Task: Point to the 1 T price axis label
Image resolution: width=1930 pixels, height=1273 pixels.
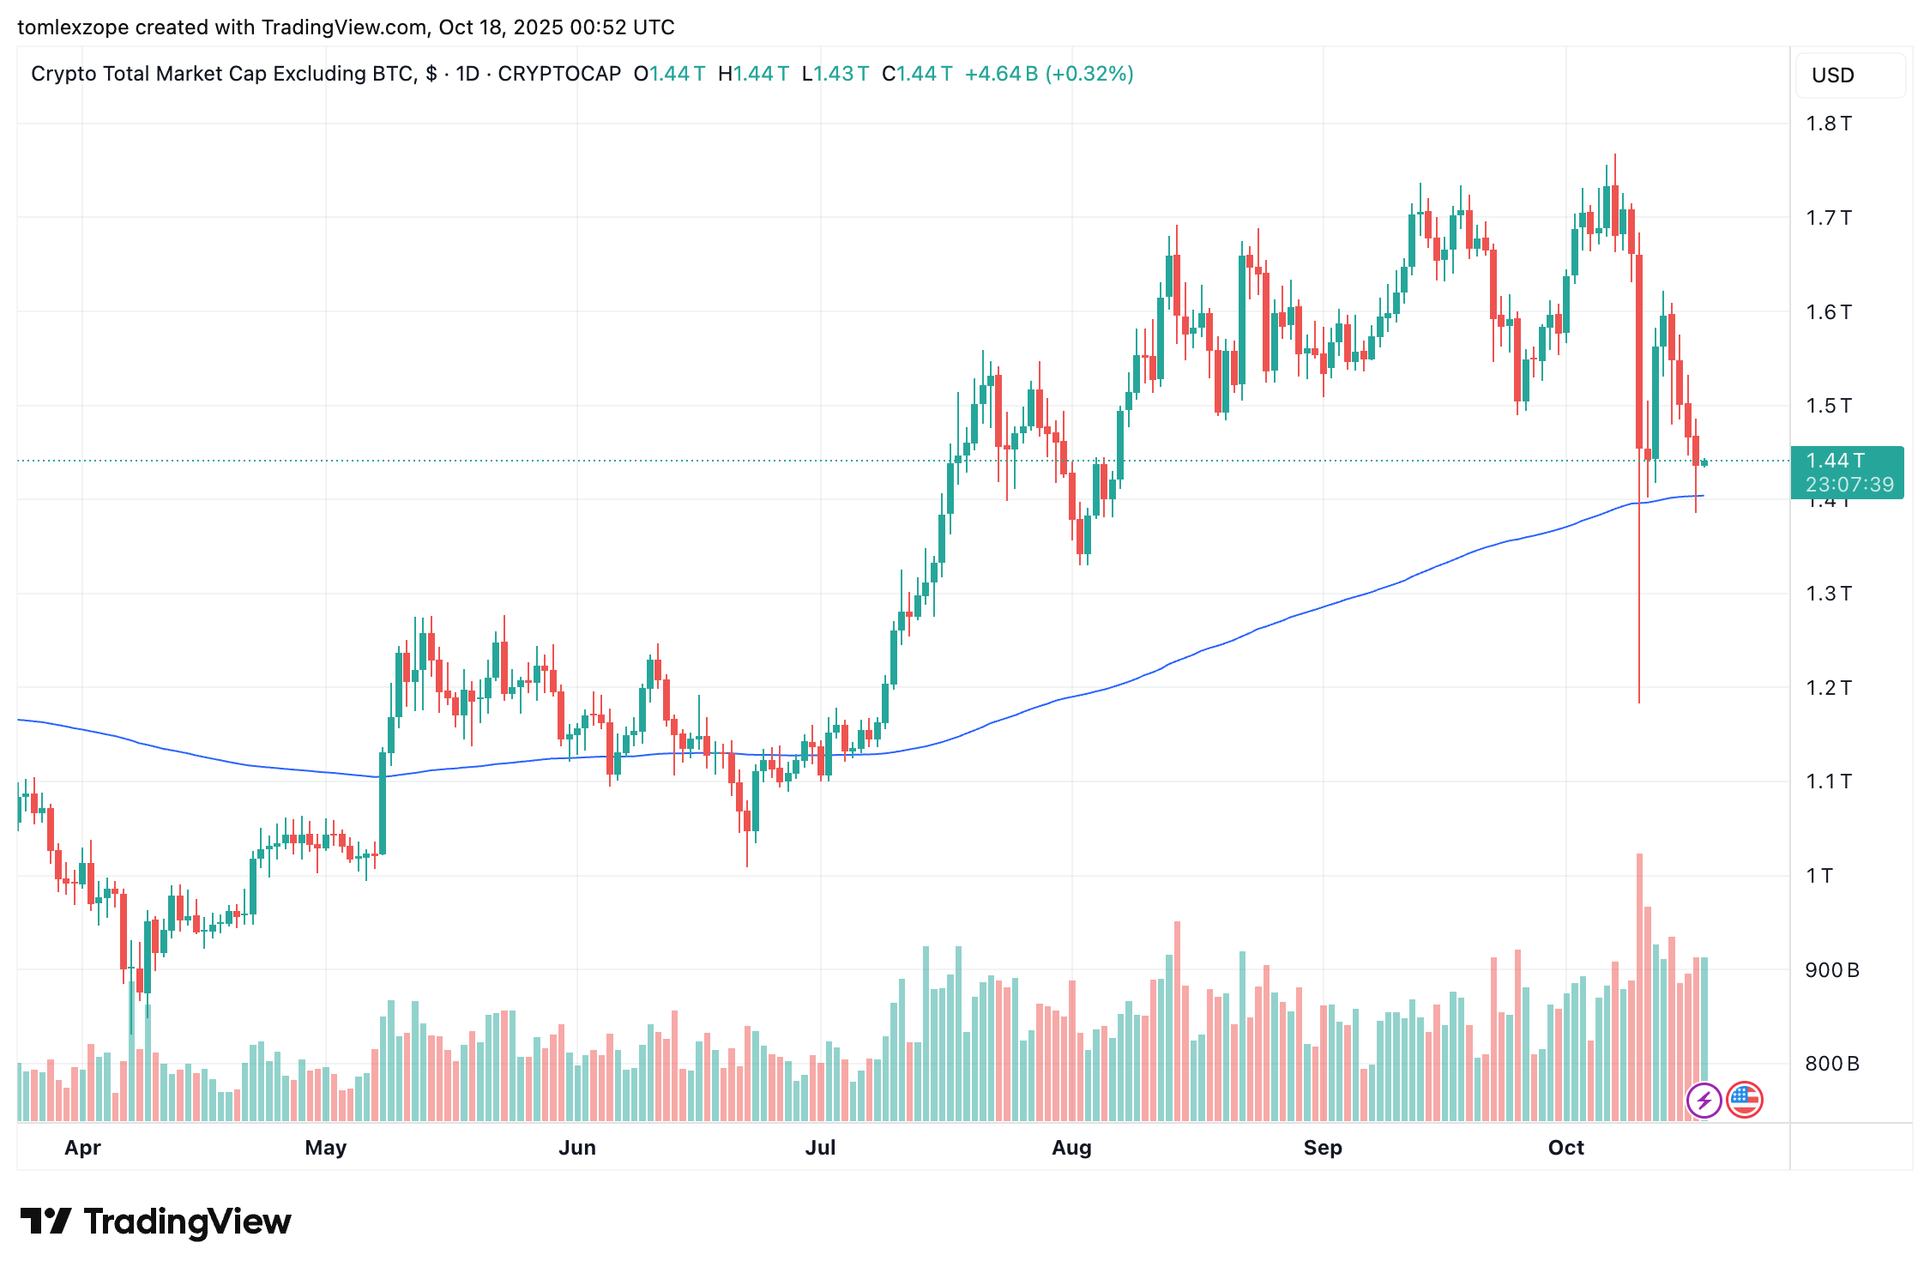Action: click(1819, 876)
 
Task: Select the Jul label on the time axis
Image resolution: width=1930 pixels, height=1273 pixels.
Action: click(820, 1148)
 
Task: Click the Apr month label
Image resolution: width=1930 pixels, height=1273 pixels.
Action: click(82, 1148)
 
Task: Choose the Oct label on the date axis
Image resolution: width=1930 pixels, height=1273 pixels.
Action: click(1565, 1148)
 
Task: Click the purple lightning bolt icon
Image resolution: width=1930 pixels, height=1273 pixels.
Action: click(1704, 1100)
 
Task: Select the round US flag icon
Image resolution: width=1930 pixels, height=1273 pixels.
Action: click(1744, 1100)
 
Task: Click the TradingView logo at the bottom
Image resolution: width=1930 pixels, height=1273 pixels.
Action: click(156, 1222)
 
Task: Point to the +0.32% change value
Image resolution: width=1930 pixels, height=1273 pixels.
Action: click(1091, 74)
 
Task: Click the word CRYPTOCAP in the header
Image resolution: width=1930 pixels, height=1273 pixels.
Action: click(559, 74)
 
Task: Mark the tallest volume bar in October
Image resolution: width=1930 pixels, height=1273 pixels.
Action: click(1639, 986)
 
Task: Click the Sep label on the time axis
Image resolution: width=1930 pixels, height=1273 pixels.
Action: click(1322, 1148)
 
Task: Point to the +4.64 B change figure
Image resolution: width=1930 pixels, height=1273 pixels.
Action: click(1001, 74)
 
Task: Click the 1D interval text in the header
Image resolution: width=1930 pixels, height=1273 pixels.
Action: click(467, 74)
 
